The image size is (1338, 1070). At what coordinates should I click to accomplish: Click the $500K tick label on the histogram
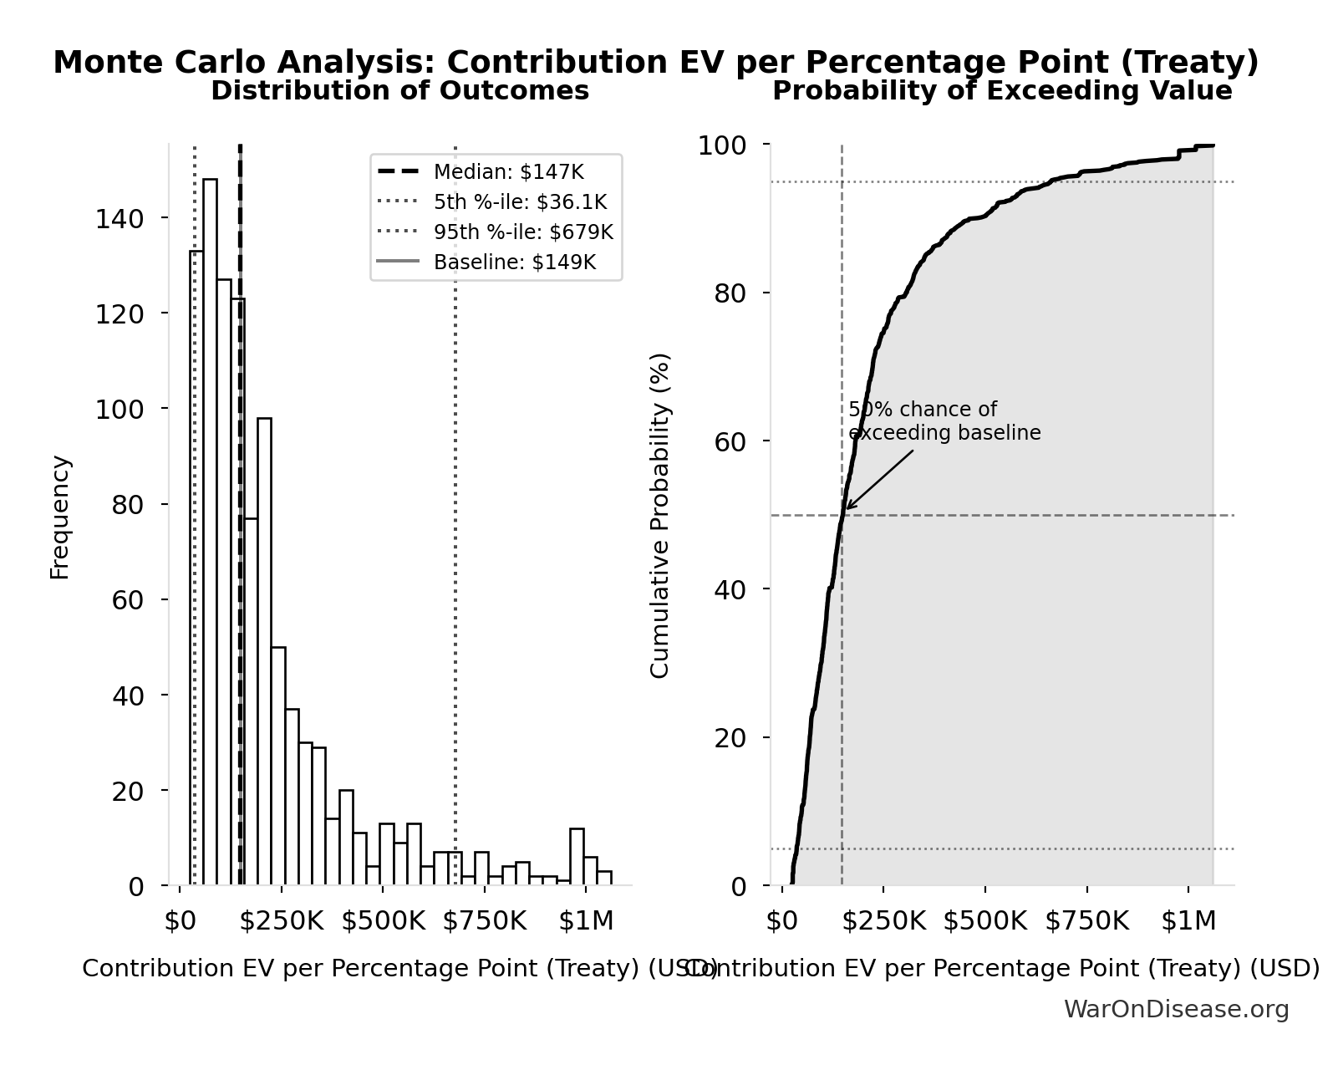pos(383,921)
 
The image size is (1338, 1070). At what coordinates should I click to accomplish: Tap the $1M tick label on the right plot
pos(1188,921)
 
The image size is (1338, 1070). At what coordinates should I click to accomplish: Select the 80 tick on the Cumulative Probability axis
pos(730,293)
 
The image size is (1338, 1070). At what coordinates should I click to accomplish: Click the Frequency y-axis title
pos(60,517)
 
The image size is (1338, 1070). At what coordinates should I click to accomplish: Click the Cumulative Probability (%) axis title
pos(660,515)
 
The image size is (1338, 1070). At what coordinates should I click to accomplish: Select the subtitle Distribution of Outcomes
pos(399,91)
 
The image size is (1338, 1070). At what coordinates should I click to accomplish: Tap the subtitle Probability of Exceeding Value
pos(1001,91)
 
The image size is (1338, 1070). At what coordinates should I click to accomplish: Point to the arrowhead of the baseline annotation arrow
pos(847,508)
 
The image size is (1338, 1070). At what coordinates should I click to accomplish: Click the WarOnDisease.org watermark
pos(1176,1010)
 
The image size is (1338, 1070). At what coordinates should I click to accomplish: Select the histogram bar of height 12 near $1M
pos(577,857)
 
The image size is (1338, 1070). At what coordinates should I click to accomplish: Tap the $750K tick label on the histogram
pos(485,921)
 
